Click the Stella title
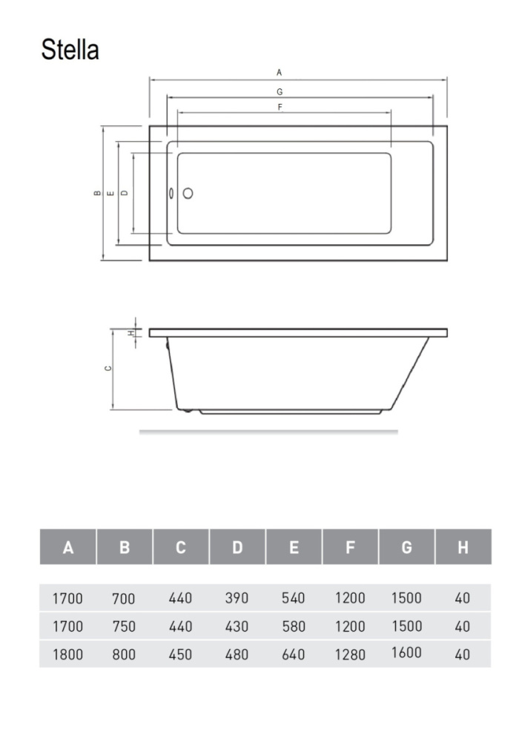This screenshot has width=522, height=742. point(70,49)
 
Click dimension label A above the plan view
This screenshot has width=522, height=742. point(279,73)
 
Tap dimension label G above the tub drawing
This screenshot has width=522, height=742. point(280,92)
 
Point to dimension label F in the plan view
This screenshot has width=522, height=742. point(280,108)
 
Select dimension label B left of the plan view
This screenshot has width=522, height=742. point(97,193)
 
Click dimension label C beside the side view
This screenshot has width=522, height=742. point(108,368)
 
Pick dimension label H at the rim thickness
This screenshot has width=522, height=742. point(131,332)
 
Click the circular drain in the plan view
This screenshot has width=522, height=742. point(188,193)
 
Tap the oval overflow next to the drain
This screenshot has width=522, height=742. point(171,193)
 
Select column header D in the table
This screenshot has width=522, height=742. point(237,547)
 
